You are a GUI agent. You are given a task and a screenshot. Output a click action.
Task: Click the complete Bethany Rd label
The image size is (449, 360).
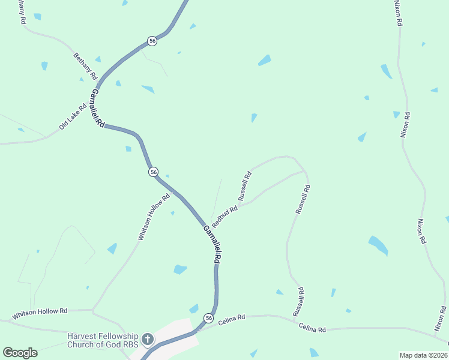click(85, 67)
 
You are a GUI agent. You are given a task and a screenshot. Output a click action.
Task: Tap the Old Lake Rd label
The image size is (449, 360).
click(73, 118)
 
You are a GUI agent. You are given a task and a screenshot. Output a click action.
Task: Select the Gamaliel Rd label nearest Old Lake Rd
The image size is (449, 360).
click(97, 108)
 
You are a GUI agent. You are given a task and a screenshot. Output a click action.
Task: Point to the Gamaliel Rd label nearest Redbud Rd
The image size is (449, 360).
click(211, 244)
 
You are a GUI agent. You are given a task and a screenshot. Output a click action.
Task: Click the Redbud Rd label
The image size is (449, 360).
click(224, 216)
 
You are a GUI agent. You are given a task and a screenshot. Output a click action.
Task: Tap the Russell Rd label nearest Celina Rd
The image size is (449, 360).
click(298, 302)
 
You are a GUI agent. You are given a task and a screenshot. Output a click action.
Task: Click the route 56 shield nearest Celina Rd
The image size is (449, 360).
click(208, 317)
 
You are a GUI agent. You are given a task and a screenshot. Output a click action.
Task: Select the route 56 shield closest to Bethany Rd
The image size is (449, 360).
click(152, 41)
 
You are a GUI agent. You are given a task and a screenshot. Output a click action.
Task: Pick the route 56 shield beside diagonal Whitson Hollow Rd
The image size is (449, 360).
click(154, 172)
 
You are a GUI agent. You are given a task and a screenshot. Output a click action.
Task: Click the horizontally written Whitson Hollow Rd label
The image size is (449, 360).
click(40, 314)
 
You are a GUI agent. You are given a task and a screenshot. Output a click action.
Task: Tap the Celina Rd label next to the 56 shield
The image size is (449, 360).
click(232, 320)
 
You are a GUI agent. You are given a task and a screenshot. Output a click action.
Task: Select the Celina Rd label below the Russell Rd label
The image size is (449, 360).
click(312, 328)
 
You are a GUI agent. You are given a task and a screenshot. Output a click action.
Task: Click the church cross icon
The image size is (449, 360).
click(146, 340)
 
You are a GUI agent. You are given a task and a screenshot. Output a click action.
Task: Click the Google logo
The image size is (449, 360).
click(20, 353)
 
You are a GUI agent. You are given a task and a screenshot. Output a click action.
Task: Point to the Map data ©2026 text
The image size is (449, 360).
click(423, 355)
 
